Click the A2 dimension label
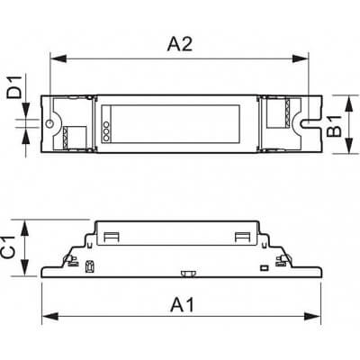click(x=180, y=42)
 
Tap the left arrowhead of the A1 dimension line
click(x=45, y=314)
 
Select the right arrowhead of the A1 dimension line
click(x=316, y=314)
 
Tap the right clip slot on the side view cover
click(x=242, y=237)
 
